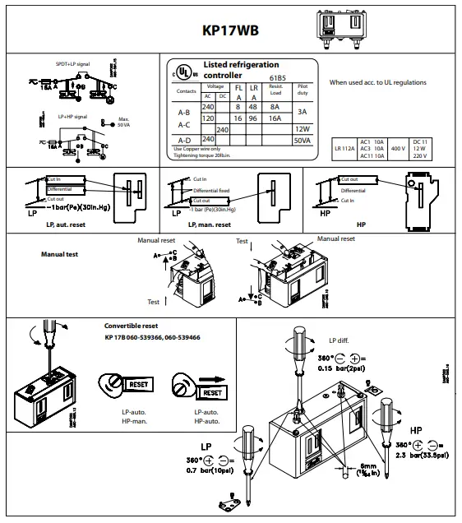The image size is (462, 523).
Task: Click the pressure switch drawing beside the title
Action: [345, 27]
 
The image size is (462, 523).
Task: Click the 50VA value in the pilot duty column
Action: [302, 141]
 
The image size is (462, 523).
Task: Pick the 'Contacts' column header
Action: [187, 91]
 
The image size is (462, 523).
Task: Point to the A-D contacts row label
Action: [186, 141]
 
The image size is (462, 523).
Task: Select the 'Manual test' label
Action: [59, 255]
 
